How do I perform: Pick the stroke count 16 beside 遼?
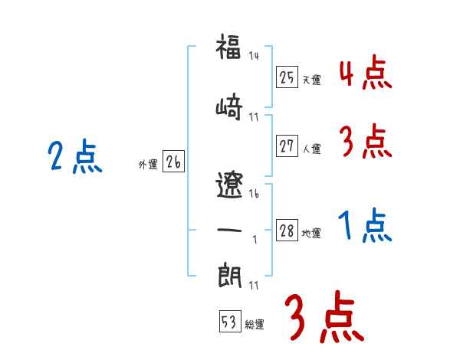tap(255, 195)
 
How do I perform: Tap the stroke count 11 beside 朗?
tap(255, 286)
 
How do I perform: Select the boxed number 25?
tap(287, 77)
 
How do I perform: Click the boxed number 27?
tap(287, 146)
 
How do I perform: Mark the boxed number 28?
tap(287, 231)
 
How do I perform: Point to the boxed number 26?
tap(173, 162)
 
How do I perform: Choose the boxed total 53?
tap(229, 322)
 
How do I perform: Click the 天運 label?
tap(311, 80)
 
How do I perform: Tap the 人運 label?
tap(311, 149)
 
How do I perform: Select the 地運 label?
tap(311, 234)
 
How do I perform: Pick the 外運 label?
tap(147, 165)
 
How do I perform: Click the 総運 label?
tap(255, 325)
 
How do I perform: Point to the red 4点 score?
tap(365, 74)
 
